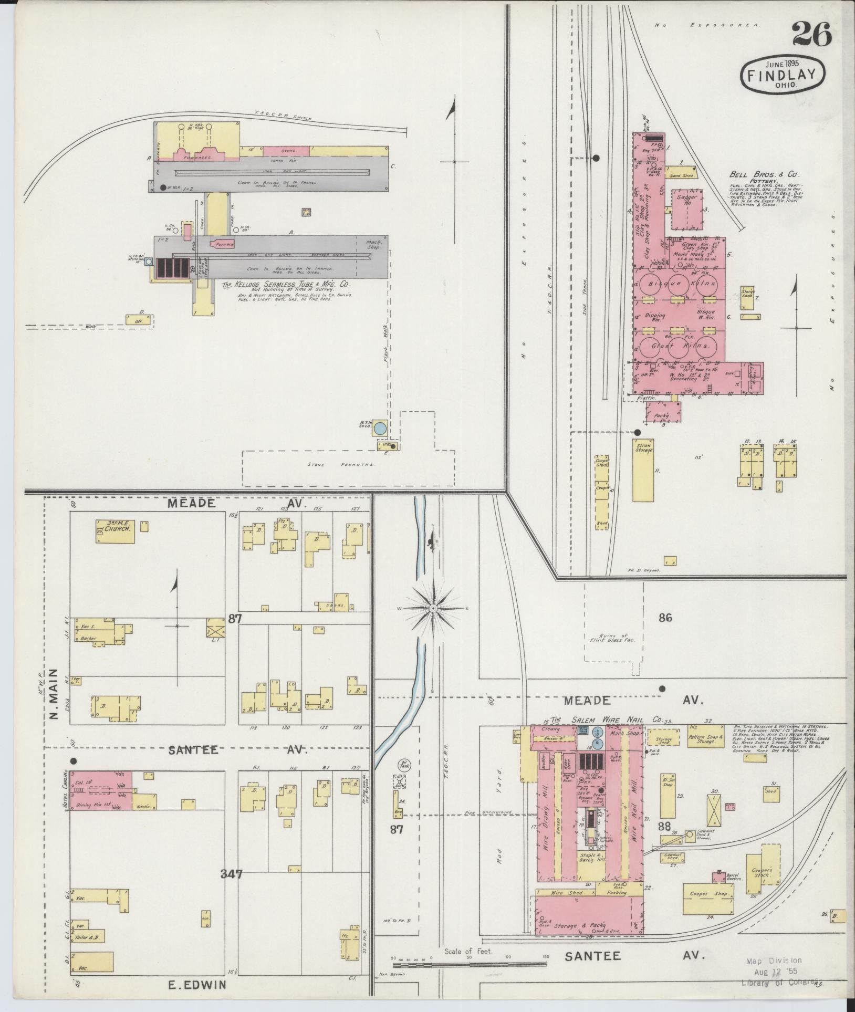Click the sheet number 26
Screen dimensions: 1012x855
811,35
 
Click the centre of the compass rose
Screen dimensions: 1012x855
434,608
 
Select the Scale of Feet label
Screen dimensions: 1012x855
468,951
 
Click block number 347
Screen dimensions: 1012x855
231,874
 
